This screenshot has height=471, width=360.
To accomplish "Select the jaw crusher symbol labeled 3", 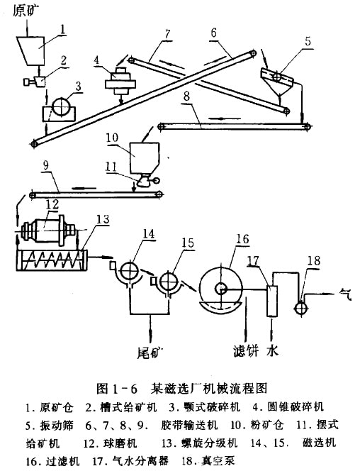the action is click(59, 110).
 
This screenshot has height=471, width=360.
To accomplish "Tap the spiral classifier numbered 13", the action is click(52, 260).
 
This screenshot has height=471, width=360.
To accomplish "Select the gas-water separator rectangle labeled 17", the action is click(272, 301).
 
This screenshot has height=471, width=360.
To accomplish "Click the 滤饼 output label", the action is click(246, 351).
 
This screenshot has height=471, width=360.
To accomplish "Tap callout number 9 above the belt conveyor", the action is click(46, 165).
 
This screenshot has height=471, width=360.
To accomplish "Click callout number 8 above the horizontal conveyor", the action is click(186, 96).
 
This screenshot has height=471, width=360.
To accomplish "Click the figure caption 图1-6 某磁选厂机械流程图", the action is click(182, 389).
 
